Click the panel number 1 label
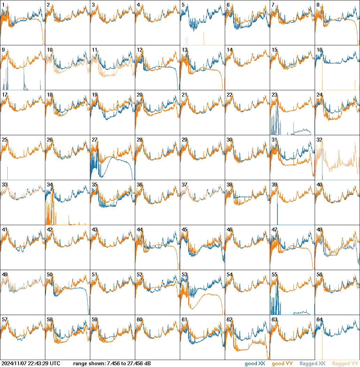point(3,5)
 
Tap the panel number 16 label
point(319,50)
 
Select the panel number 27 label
point(94,140)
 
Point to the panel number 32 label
point(319,140)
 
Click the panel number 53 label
point(184,275)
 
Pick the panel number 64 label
point(319,320)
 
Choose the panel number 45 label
point(184,230)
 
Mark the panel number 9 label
point(3,50)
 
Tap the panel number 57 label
point(5,320)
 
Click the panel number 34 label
point(49,185)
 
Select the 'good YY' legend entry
point(282,364)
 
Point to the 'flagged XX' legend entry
point(312,364)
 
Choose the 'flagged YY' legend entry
point(345,364)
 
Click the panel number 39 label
point(274,185)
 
